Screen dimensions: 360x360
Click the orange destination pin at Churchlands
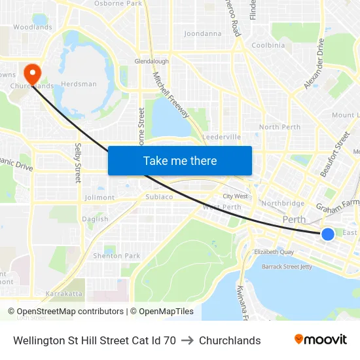tap(31, 71)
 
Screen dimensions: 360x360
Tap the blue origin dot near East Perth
tap(328, 234)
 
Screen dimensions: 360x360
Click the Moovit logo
tap(321, 340)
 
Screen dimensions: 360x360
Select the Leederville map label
tap(222, 137)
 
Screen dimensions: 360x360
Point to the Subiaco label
tap(159, 196)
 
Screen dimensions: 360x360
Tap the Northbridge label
tap(283, 204)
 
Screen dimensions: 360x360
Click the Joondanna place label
tap(203, 33)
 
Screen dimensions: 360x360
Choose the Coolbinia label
tap(268, 45)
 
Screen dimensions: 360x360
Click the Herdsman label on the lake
tap(79, 84)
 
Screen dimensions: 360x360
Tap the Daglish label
tap(95, 219)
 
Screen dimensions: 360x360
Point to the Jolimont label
tap(99, 198)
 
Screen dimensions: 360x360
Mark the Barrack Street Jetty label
tap(288, 267)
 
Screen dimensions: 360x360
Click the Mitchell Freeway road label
tap(171, 96)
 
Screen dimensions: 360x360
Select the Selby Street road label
tap(78, 162)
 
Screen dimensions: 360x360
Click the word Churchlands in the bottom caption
tap(230, 340)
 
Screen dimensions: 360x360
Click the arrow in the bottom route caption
tap(187, 340)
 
